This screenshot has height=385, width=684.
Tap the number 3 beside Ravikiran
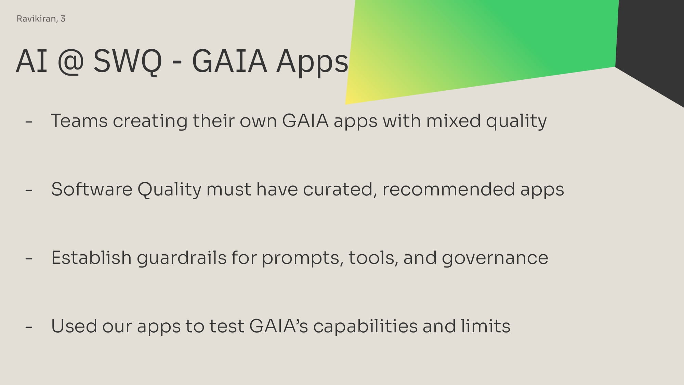pyautogui.click(x=63, y=19)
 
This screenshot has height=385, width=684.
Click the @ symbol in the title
pyautogui.click(x=70, y=62)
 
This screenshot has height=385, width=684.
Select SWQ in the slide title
pyautogui.click(x=127, y=61)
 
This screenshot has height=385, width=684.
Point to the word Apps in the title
pyautogui.click(x=312, y=62)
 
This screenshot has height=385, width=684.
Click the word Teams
pyautogui.click(x=79, y=121)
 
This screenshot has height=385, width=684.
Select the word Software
pyautogui.click(x=92, y=189)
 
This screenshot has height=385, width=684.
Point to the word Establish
pyautogui.click(x=91, y=258)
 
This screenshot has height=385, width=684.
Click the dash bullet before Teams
pyautogui.click(x=29, y=121)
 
